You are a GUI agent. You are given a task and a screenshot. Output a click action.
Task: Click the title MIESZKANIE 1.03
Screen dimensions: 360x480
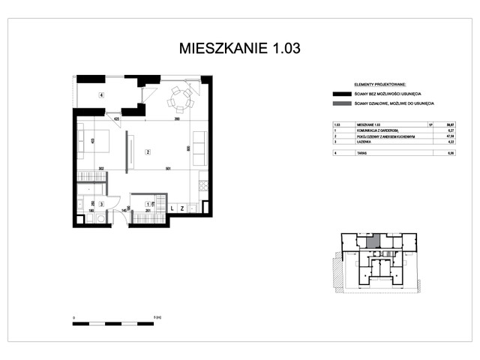click(x=240, y=49)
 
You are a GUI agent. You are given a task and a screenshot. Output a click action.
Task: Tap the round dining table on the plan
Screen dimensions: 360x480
click(x=179, y=97)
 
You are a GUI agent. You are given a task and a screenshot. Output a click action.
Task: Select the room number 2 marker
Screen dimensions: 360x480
click(x=148, y=153)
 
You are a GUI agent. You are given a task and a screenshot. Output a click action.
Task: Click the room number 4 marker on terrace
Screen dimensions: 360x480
click(x=100, y=94)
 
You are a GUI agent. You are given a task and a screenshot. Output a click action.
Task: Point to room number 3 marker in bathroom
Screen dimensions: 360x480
click(x=101, y=203)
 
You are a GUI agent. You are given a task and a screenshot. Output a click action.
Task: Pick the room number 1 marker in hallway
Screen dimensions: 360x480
click(x=146, y=203)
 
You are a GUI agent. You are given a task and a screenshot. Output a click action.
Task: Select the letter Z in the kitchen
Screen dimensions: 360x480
click(x=182, y=208)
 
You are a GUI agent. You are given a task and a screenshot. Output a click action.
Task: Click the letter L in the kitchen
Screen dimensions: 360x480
click(x=172, y=208)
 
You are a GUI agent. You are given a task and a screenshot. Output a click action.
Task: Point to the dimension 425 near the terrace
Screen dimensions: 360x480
click(x=117, y=118)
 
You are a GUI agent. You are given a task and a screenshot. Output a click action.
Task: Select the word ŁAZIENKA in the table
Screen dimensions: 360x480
click(x=363, y=141)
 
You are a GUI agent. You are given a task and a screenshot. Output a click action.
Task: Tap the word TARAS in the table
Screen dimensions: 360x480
click(x=361, y=152)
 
